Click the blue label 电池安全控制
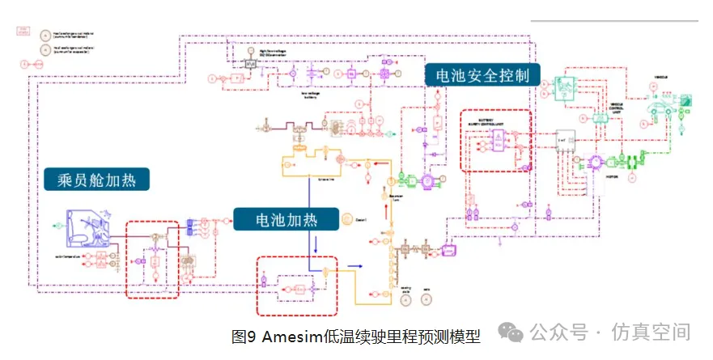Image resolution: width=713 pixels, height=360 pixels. (x=482, y=76)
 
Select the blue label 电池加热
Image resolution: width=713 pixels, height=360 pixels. (x=286, y=219)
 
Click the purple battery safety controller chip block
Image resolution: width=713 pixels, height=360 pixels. (x=494, y=143)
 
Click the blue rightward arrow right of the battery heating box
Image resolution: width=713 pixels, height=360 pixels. (x=352, y=264)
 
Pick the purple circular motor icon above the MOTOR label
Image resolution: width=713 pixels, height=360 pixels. (x=598, y=161)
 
